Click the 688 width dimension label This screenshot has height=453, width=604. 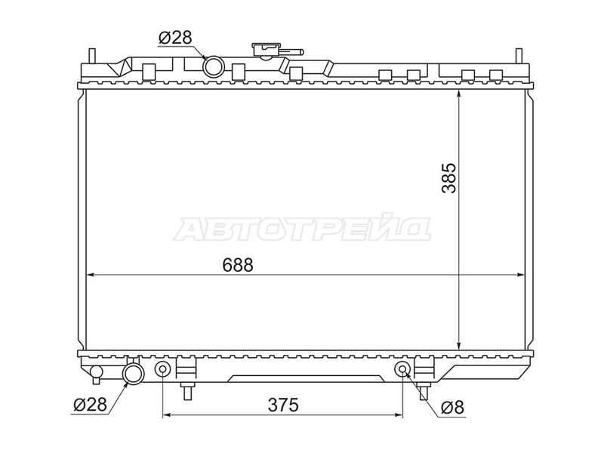pyautogui.click(x=238, y=265)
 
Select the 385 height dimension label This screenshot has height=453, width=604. pyautogui.click(x=449, y=178)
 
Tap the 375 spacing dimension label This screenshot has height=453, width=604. pyautogui.click(x=283, y=405)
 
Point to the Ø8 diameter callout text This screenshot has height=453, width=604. pyautogui.click(x=453, y=407)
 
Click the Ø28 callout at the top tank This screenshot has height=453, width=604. pyautogui.click(x=175, y=37)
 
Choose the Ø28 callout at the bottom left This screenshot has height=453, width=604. pyautogui.click(x=90, y=405)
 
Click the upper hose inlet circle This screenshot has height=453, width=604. pyautogui.click(x=214, y=66)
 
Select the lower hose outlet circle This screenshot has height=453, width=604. pyautogui.click(x=133, y=374)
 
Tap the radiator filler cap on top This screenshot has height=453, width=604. pyautogui.click(x=265, y=50)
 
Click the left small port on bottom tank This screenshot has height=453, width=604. pyautogui.click(x=162, y=369)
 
